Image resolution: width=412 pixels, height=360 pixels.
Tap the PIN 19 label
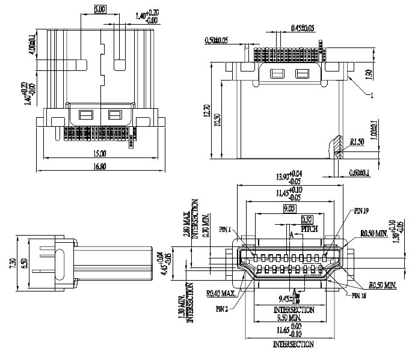tap(361, 212)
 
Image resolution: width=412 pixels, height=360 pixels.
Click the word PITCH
tap(309, 229)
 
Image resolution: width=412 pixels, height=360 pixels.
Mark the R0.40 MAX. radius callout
tap(221, 294)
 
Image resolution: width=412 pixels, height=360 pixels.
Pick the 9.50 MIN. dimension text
tap(294, 317)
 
